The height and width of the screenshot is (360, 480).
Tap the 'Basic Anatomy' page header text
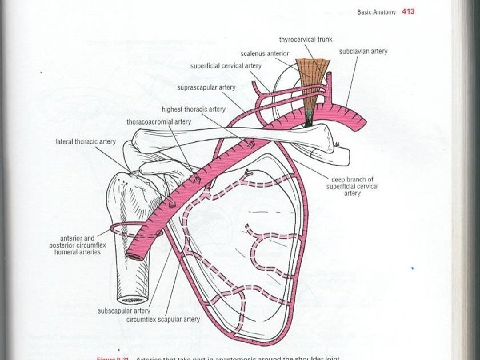click(x=377, y=11)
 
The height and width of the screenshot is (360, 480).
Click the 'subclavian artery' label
click(x=363, y=51)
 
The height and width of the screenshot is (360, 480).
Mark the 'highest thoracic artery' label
click(x=193, y=109)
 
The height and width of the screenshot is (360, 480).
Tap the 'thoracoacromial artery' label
click(x=159, y=122)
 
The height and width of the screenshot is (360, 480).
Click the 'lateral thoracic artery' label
click(x=86, y=141)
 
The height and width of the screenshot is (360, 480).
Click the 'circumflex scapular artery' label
click(x=163, y=319)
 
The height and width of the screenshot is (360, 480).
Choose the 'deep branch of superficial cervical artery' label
click(x=353, y=186)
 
